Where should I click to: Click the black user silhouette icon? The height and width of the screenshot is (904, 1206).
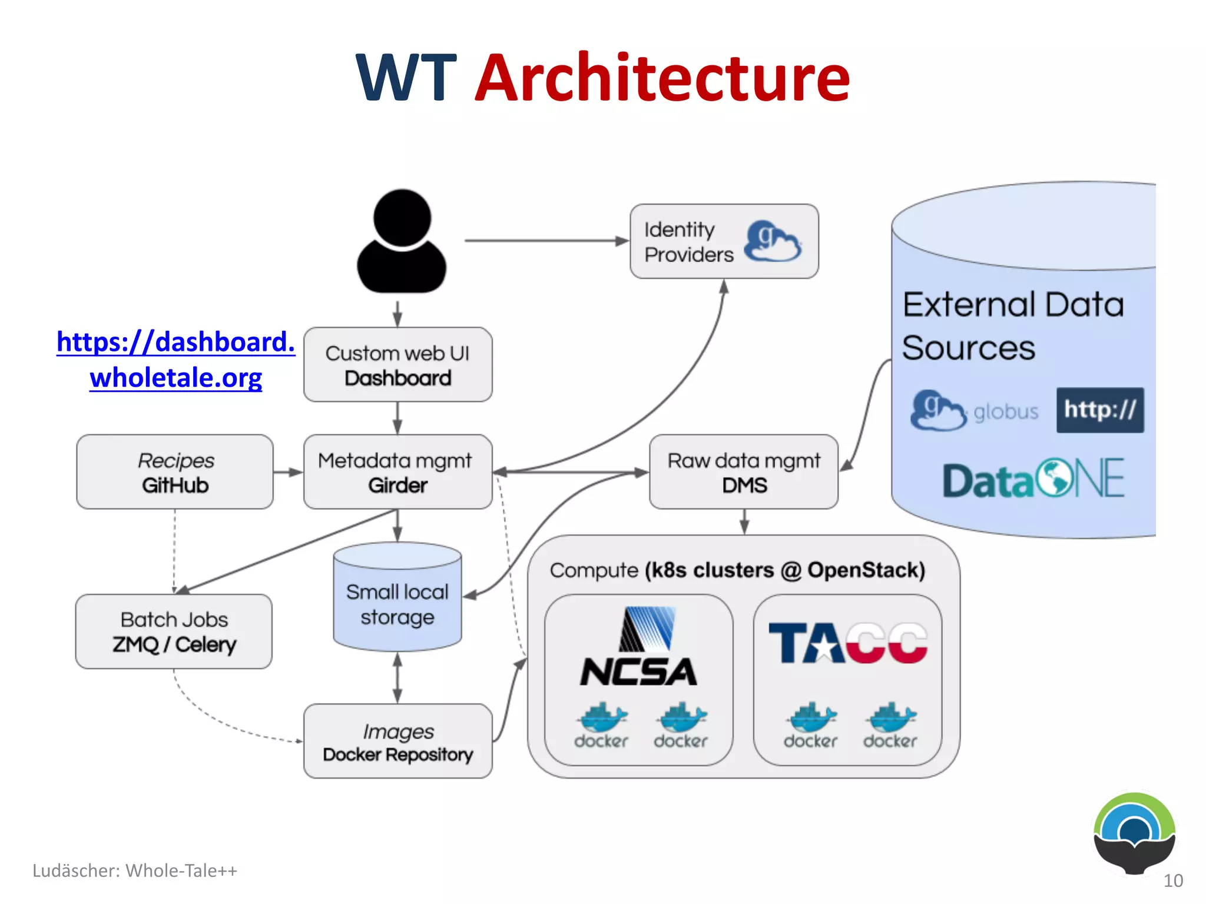pos(402,241)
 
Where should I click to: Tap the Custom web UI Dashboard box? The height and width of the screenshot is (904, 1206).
pos(397,365)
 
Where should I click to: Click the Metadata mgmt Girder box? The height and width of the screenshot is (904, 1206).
pos(397,472)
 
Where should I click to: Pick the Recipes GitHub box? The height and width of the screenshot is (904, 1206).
pos(175,472)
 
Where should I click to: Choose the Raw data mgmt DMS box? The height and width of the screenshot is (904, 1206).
pos(743,472)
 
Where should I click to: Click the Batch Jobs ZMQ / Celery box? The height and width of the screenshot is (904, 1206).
pos(174,632)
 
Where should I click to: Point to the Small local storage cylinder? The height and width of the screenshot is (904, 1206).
pos(397,603)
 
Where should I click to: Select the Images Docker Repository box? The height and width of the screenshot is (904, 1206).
pos(397,742)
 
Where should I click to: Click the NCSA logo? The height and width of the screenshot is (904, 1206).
pos(639,647)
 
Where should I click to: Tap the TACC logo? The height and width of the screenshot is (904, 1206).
pos(848,643)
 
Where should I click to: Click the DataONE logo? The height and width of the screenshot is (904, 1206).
pos(1033,480)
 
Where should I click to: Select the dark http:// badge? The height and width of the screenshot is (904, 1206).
pos(1099,410)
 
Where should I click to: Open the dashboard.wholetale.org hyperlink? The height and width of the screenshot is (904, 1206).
pos(175,359)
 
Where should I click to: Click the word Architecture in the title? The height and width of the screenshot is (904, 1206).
pos(662,78)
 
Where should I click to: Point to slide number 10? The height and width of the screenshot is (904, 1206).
pos(1173,880)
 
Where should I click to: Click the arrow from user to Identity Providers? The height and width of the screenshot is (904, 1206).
pos(545,241)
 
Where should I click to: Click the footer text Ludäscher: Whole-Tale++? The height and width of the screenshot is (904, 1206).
pos(134,870)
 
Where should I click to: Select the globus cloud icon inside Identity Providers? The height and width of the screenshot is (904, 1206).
pos(773,241)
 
